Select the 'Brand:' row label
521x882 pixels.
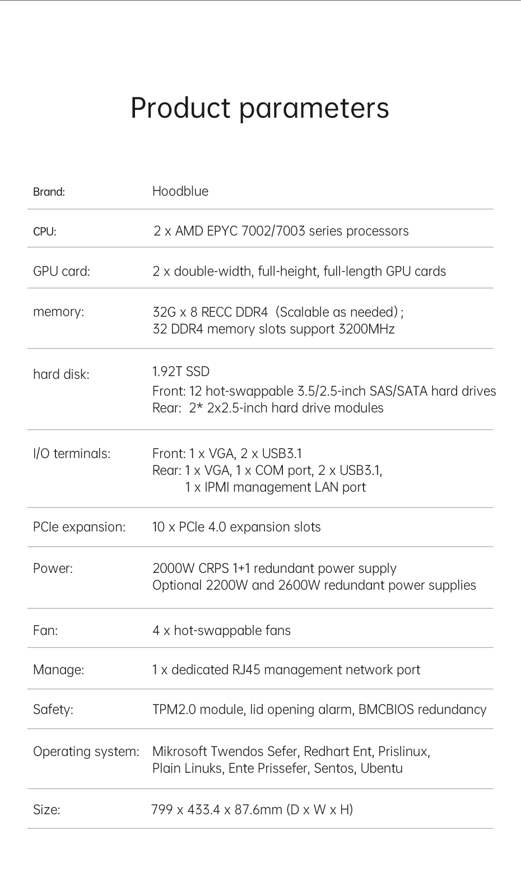coord(49,192)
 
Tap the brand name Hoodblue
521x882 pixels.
coord(180,192)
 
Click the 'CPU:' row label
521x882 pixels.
coord(45,232)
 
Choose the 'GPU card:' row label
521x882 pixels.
coord(62,272)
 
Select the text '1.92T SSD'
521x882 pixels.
coord(181,371)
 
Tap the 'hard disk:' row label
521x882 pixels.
coord(61,374)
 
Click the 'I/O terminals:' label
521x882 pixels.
coord(72,454)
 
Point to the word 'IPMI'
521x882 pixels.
coord(217,487)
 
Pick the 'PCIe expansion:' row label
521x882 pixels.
coord(79,527)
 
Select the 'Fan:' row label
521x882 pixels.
coord(45,631)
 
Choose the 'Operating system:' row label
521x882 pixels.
coord(86,752)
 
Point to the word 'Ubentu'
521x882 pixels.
coord(382,768)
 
